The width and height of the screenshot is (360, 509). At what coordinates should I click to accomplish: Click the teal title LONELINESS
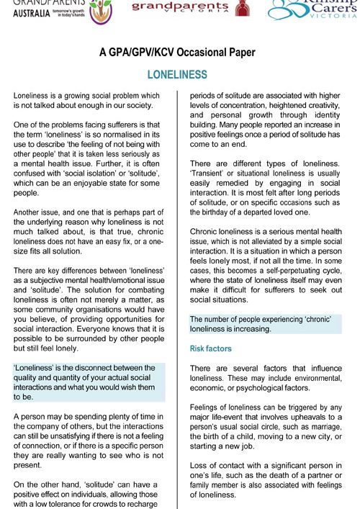pos(177,75)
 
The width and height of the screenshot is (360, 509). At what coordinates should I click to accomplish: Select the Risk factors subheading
pos(210,348)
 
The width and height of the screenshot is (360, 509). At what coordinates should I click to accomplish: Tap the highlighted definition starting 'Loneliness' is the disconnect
pos(94,382)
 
